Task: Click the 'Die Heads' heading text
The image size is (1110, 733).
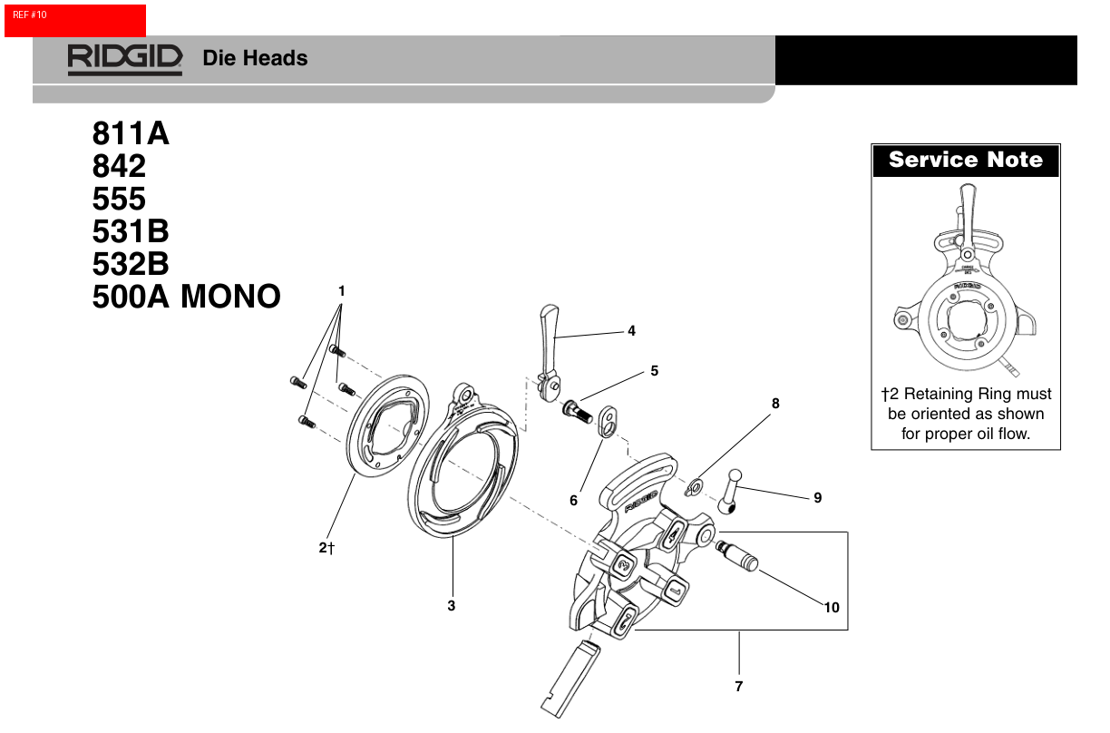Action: pos(255,58)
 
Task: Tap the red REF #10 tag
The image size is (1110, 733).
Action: pos(74,20)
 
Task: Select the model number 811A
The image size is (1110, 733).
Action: pos(131,133)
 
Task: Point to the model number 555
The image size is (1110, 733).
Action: pos(119,199)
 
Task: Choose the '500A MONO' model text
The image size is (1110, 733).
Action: pos(186,297)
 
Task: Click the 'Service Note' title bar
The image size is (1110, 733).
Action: pos(966,161)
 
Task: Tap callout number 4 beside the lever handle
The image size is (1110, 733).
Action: pos(631,331)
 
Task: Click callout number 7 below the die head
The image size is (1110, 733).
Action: pos(738,686)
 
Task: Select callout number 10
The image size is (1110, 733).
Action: pos(832,608)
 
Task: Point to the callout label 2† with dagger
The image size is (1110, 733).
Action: pos(327,548)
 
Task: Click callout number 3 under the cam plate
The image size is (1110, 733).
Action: pos(452,605)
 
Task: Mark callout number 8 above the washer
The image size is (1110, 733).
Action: pos(775,403)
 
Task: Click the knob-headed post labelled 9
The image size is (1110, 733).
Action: pos(731,491)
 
